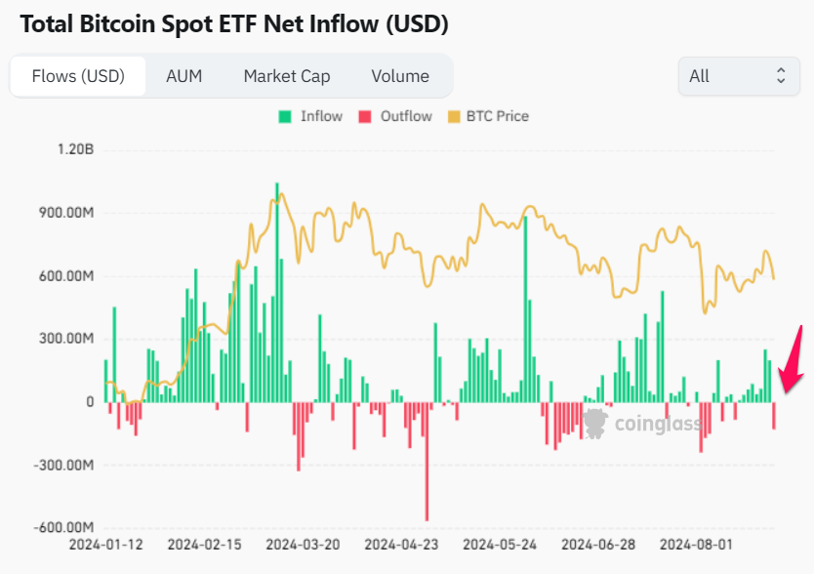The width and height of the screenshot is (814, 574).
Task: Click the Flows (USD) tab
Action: [78, 76]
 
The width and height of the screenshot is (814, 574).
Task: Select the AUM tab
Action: [184, 76]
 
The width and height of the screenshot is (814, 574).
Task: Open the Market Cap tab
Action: [287, 76]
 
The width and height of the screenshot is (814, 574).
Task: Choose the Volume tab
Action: [400, 76]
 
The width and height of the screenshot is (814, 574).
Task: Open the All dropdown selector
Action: [737, 76]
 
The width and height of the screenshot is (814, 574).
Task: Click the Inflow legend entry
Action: [311, 116]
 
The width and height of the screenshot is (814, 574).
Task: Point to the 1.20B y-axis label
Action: [75, 150]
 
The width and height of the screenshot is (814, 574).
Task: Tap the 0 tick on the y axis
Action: [90, 401]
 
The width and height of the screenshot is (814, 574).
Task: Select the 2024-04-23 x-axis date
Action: [403, 544]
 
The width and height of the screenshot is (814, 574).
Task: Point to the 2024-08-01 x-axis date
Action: [698, 544]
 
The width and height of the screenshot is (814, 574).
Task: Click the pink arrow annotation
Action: [794, 358]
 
